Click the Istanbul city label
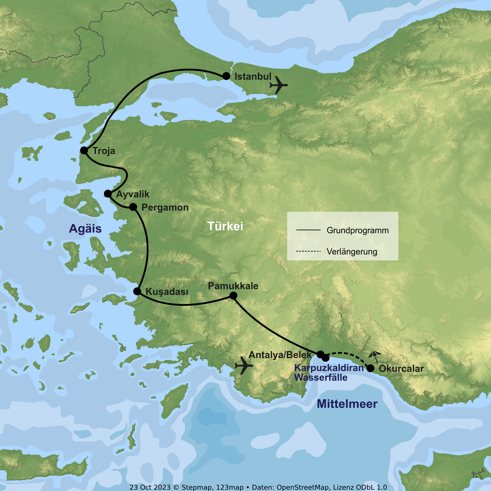pos(253,76)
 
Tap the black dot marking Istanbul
pos(226,76)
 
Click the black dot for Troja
pos(84,150)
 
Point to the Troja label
pos(104,151)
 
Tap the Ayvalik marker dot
pos(108,194)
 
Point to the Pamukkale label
pos(233,286)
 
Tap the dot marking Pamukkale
pos(233,296)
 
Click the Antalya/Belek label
pos(280,355)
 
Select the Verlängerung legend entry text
pos(352,252)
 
